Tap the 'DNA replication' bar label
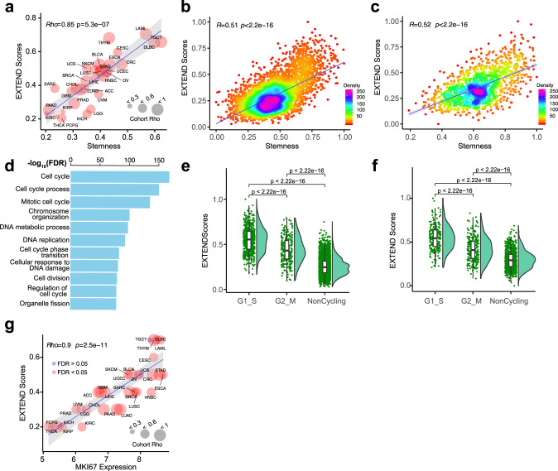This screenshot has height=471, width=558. point(39,240)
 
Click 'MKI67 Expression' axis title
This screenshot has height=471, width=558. point(103,465)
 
